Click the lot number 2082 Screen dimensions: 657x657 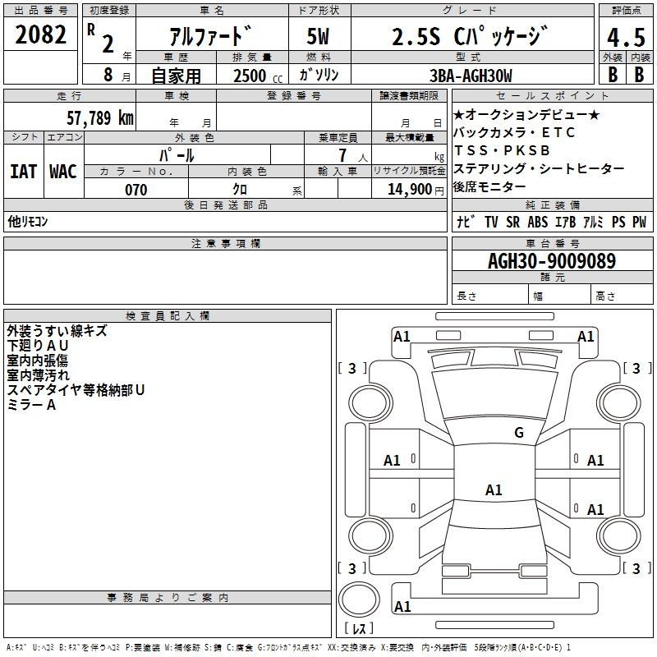[x=40, y=34]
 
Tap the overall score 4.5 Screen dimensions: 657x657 [x=626, y=37]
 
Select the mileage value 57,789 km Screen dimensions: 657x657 [x=100, y=117]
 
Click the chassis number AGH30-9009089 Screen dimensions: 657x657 [x=552, y=260]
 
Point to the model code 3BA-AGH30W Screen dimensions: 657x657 [x=471, y=76]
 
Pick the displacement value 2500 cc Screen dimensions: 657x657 [x=258, y=76]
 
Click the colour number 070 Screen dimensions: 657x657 [x=136, y=190]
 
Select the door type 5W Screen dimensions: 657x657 [x=318, y=36]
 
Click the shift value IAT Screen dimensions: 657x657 [x=24, y=172]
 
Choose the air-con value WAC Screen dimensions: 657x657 [x=63, y=172]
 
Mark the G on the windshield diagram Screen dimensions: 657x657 [x=519, y=432]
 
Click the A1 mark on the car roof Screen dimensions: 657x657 [x=494, y=489]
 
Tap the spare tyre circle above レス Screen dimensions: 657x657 [x=359, y=600]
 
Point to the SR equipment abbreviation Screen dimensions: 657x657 [x=512, y=222]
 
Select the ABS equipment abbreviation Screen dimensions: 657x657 [x=538, y=222]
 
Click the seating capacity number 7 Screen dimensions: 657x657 [x=342, y=155]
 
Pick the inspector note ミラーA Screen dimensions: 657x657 [x=31, y=405]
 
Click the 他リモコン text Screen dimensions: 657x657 [x=28, y=221]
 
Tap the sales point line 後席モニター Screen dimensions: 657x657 [x=489, y=186]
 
